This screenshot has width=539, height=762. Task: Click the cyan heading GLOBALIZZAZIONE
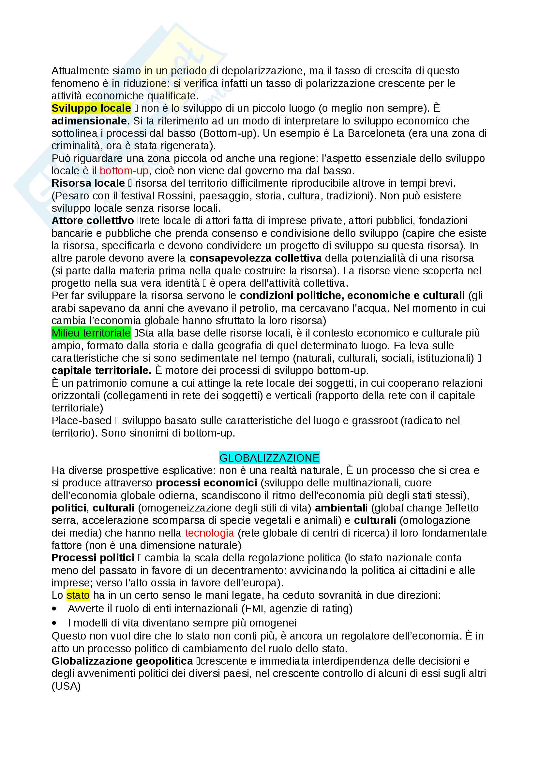point(269,458)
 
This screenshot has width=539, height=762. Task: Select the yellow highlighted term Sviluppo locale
point(91,108)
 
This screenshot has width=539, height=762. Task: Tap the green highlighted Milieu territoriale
point(91,333)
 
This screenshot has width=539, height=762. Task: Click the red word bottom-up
point(124,171)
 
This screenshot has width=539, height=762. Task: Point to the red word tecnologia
point(210,533)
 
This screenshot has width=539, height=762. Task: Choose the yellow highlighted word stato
point(78,596)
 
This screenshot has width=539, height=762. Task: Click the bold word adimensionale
point(89,121)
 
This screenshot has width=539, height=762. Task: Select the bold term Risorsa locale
point(88,183)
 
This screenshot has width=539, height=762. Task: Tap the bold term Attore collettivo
point(92,221)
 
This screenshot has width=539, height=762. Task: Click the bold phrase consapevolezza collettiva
point(255,258)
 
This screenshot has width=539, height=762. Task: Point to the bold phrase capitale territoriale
point(101,370)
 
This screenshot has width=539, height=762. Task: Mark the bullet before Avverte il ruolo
point(54,609)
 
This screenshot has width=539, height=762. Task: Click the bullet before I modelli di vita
point(54,624)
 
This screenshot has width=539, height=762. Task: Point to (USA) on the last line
point(66,686)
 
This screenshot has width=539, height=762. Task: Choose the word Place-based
point(82,421)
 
